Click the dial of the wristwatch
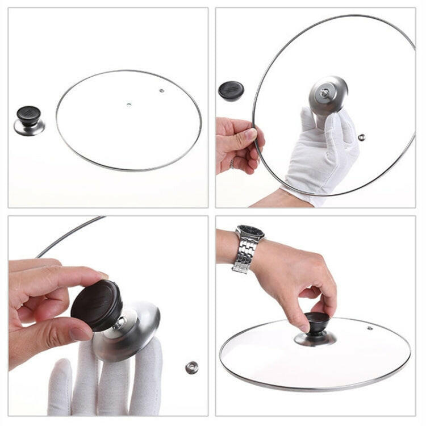tap(250, 232)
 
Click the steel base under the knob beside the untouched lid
tap(29, 128)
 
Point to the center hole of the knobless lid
tap(129, 105)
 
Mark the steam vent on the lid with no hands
tap(161, 90)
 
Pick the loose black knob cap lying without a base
tap(231, 90)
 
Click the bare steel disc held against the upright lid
tap(328, 95)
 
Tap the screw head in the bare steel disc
tap(325, 92)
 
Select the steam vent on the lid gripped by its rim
tap(361, 137)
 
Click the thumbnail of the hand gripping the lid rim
tap(250, 134)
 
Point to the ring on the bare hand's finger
tap(232, 164)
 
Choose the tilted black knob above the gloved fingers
tap(97, 304)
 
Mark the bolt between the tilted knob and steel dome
tap(120, 324)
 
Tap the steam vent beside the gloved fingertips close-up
tap(191, 367)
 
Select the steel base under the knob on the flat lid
tap(315, 339)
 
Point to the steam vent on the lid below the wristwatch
tap(369, 328)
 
